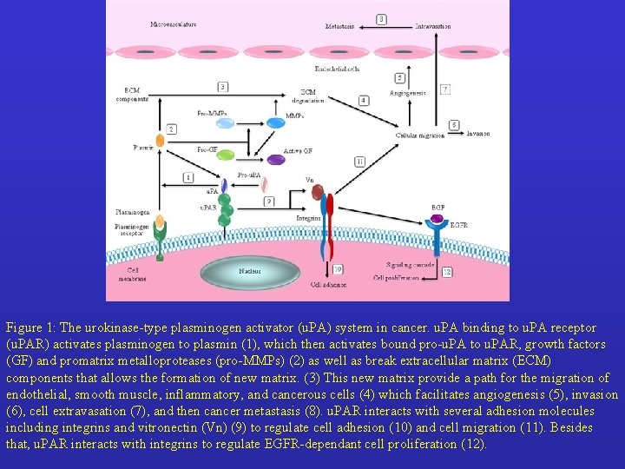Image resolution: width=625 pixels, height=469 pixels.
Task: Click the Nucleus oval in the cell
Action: [250, 270]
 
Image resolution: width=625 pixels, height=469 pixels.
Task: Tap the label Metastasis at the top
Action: [339, 26]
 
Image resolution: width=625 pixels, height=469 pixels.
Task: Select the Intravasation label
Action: [432, 26]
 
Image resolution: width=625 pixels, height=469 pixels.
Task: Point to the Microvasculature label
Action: [173, 24]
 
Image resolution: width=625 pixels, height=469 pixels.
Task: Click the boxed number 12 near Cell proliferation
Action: [446, 272]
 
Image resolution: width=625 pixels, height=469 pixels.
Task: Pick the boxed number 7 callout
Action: [444, 89]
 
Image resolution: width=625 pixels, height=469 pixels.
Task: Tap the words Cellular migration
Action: [419, 135]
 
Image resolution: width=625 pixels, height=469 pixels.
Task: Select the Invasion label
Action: [477, 134]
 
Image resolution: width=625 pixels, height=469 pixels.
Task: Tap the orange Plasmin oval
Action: [160, 140]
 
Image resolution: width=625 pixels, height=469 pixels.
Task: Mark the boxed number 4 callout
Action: [363, 101]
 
